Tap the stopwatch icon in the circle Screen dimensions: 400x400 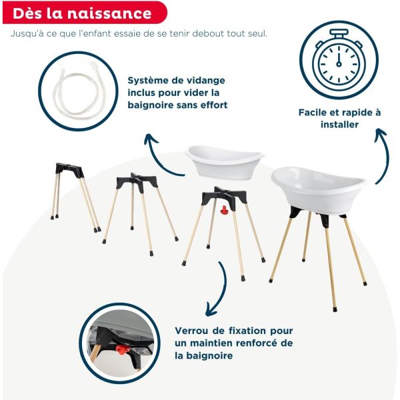[338, 59]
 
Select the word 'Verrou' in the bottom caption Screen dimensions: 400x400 [194, 331]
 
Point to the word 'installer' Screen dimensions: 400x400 [339, 125]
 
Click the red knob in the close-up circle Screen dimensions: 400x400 [121, 349]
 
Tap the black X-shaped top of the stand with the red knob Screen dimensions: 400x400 [223, 196]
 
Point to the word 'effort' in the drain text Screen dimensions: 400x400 [213, 105]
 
